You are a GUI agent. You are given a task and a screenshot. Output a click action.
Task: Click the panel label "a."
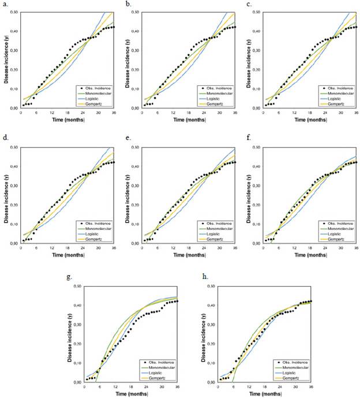pyautogui.click(x=7, y=3)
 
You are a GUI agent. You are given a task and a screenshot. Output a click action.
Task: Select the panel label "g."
pyautogui.click(x=69, y=277)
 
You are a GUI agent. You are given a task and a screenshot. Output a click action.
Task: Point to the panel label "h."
pyautogui.click(x=204, y=277)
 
